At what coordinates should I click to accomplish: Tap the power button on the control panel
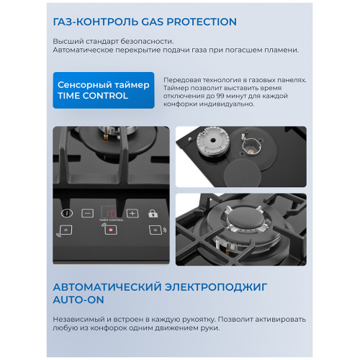pyautogui.click(x=67, y=213)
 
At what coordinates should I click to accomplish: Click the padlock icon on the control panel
pyautogui.click(x=153, y=214)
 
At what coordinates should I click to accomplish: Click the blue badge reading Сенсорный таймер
pyautogui.click(x=103, y=90)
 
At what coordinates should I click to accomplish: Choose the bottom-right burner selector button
pyautogui.click(x=153, y=230)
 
